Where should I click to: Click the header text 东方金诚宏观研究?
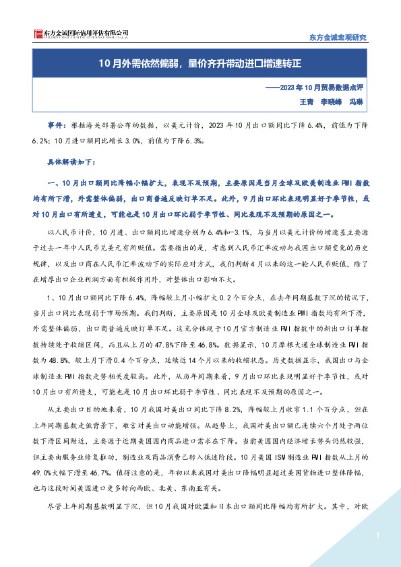(x=337, y=37)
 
